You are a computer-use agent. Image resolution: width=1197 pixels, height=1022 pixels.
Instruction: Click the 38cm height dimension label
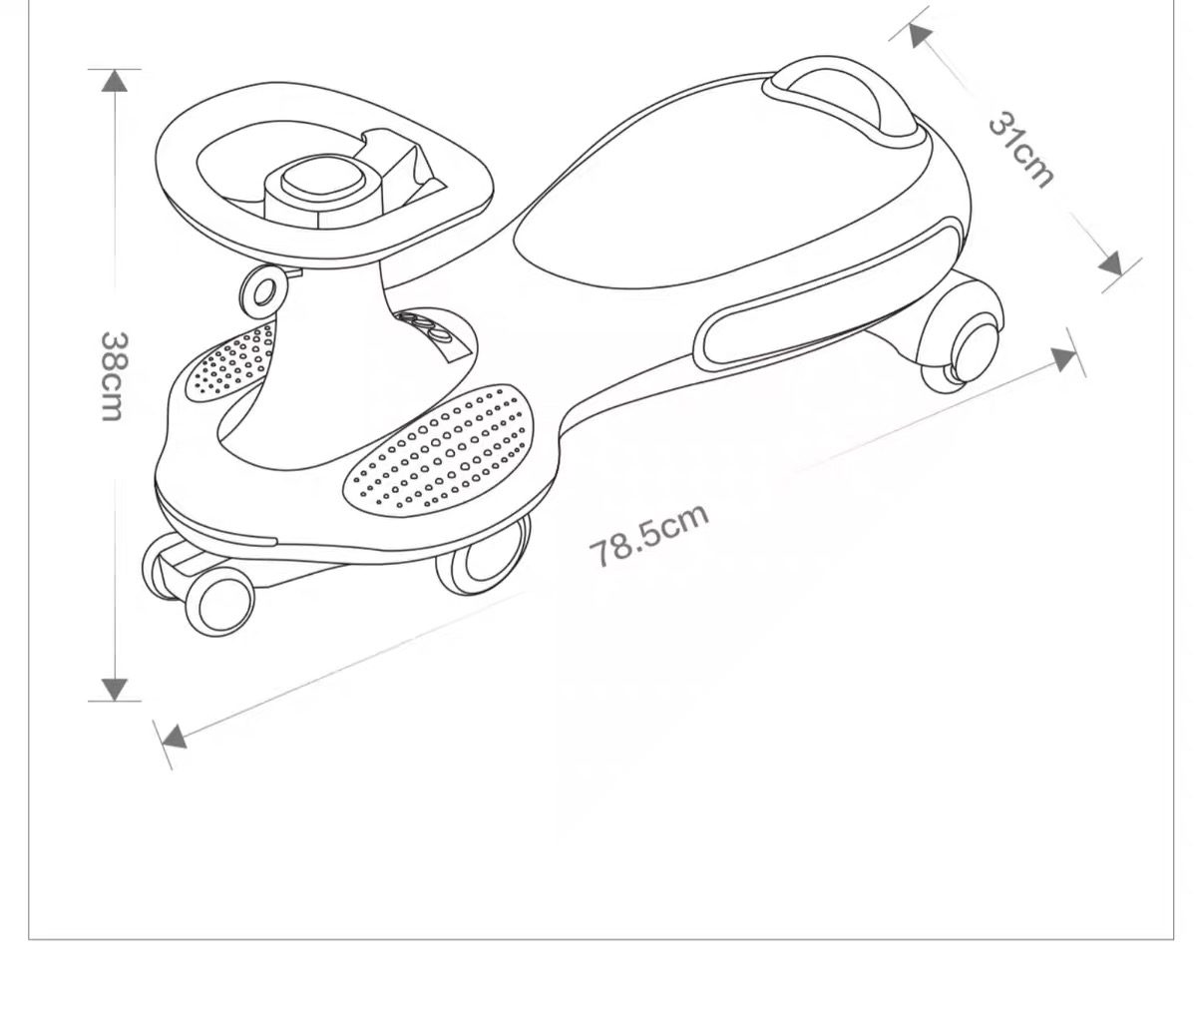click(x=113, y=375)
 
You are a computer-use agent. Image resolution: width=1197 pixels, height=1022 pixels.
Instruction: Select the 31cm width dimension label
click(x=1020, y=152)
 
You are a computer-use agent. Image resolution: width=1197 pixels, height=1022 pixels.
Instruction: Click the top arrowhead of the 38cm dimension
click(x=115, y=80)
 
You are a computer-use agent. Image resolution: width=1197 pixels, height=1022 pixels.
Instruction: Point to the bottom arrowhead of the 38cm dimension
click(x=115, y=689)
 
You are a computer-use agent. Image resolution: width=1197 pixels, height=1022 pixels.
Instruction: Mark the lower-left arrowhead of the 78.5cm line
click(x=174, y=738)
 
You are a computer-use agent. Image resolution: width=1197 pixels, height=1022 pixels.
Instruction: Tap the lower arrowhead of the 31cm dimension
click(x=1111, y=263)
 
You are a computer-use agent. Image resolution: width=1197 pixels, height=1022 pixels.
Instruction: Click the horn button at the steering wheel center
click(x=319, y=180)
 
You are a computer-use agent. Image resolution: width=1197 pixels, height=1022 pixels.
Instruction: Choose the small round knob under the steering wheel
click(x=263, y=291)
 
